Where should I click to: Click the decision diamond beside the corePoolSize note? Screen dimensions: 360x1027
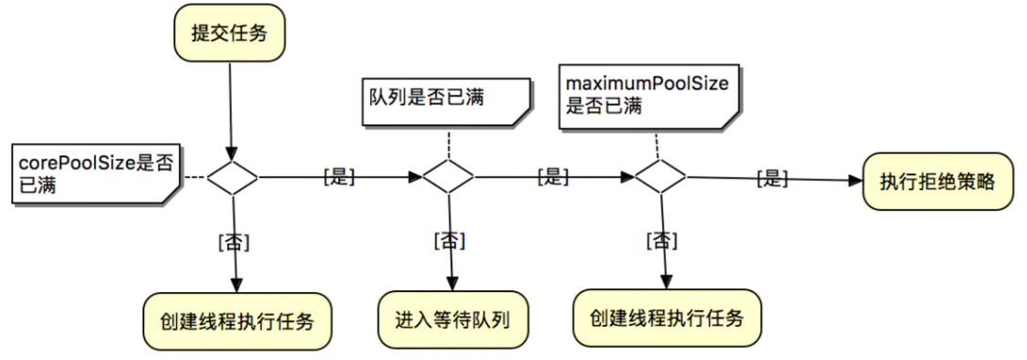point(233,176)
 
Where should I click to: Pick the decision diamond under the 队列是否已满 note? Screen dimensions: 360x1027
point(448,176)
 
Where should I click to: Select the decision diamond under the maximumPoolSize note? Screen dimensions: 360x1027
point(660,175)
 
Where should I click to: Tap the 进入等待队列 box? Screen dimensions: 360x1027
point(451,319)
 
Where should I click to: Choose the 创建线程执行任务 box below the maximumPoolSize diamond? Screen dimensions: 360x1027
point(668,317)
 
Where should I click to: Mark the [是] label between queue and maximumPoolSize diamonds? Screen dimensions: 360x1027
point(552,176)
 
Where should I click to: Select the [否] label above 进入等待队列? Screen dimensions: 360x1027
point(449,240)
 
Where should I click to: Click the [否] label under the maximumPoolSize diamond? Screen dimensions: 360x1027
point(663,240)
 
